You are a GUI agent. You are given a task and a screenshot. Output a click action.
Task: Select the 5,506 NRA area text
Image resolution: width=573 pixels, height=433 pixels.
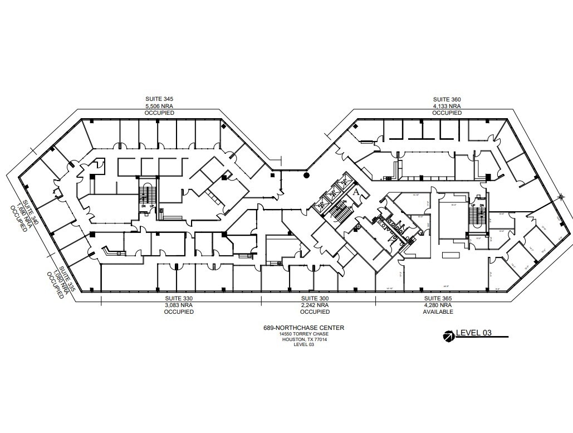(x=159, y=106)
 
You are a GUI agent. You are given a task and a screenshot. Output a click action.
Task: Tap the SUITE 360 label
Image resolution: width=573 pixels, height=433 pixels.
(x=447, y=99)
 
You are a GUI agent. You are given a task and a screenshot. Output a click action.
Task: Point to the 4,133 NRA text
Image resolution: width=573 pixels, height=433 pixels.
(x=447, y=106)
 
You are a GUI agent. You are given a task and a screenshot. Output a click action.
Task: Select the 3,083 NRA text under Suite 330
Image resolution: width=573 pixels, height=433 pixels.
(x=178, y=305)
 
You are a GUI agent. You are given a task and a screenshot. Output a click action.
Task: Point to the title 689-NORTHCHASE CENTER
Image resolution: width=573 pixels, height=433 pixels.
(x=303, y=328)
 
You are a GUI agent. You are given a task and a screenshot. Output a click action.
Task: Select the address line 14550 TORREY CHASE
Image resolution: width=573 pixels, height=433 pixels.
(x=303, y=334)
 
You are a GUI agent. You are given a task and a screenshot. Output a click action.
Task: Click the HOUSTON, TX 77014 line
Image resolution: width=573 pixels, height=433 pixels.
(x=303, y=339)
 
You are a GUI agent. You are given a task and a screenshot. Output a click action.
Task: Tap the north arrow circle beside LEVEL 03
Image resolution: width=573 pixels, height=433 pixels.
(x=448, y=335)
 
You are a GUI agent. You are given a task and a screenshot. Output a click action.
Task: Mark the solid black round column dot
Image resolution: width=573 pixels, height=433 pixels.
(x=306, y=176)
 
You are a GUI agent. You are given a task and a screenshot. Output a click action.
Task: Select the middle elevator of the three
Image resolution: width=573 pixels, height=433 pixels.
(x=333, y=193)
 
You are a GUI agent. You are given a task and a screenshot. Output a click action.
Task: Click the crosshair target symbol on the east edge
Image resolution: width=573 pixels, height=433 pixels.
(x=561, y=196)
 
